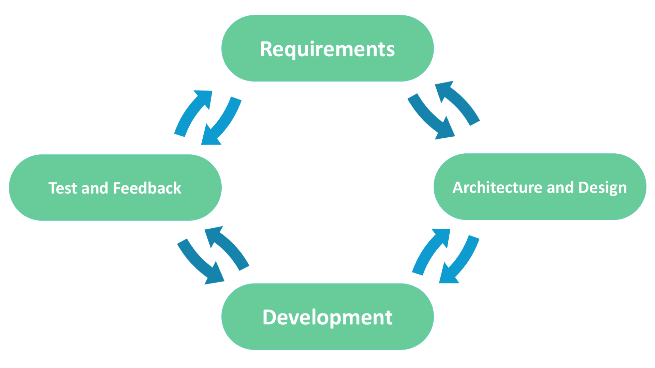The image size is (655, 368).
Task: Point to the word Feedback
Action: (x=147, y=188)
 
